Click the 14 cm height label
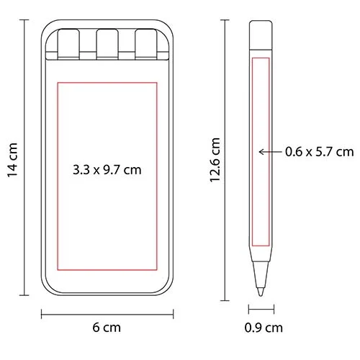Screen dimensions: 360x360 12,160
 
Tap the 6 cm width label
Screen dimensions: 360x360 107,328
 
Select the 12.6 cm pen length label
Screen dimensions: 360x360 215,160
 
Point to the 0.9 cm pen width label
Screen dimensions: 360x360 264,328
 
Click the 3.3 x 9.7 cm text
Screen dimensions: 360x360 107,170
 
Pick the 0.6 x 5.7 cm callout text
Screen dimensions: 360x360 320,152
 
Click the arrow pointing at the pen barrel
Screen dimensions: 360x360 271,152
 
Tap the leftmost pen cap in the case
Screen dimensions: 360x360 68,44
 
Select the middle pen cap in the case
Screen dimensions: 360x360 107,44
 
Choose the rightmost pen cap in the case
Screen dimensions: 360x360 146,44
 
